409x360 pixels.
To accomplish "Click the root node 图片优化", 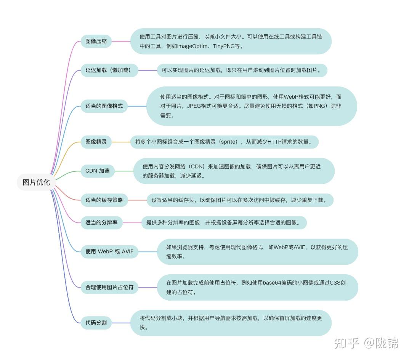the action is (x=36, y=182).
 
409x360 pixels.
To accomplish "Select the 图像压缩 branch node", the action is (x=96, y=41).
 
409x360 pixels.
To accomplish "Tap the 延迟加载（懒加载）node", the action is (x=109, y=70).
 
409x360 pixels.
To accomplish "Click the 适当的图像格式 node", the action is (x=104, y=106).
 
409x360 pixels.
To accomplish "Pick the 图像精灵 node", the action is (x=96, y=142).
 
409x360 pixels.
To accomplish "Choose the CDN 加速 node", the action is (x=98, y=171).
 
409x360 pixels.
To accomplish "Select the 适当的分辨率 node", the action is (x=101, y=222).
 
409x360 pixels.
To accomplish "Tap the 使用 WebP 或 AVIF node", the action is (x=109, y=251).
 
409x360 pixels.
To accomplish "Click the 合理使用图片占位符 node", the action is (x=109, y=287).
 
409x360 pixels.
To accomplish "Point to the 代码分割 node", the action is (x=96, y=323).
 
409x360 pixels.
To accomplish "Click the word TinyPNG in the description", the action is (x=223, y=46).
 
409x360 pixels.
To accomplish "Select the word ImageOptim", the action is (x=192, y=46).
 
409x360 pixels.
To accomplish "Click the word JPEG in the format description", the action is (x=194, y=106).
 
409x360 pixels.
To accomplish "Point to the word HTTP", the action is (x=275, y=142).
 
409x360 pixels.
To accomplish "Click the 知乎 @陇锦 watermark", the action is (x=366, y=343).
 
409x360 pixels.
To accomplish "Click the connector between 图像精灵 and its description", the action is (x=121, y=142).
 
